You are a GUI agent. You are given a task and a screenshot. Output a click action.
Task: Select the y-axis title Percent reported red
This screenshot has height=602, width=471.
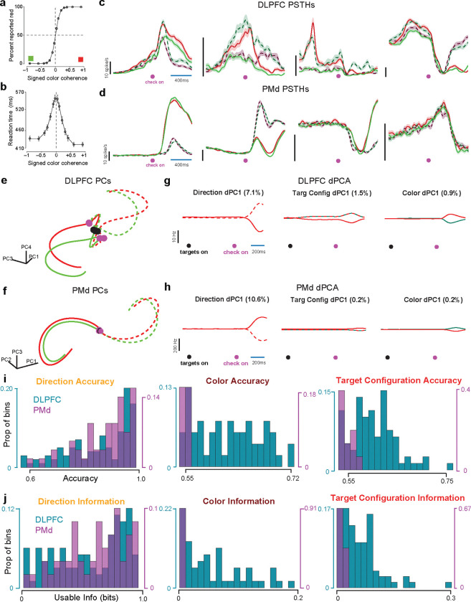point(6,36)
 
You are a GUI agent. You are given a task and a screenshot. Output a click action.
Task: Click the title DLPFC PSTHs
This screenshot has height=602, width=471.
point(291,6)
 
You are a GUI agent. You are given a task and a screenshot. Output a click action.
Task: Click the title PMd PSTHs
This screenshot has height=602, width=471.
point(290,89)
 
